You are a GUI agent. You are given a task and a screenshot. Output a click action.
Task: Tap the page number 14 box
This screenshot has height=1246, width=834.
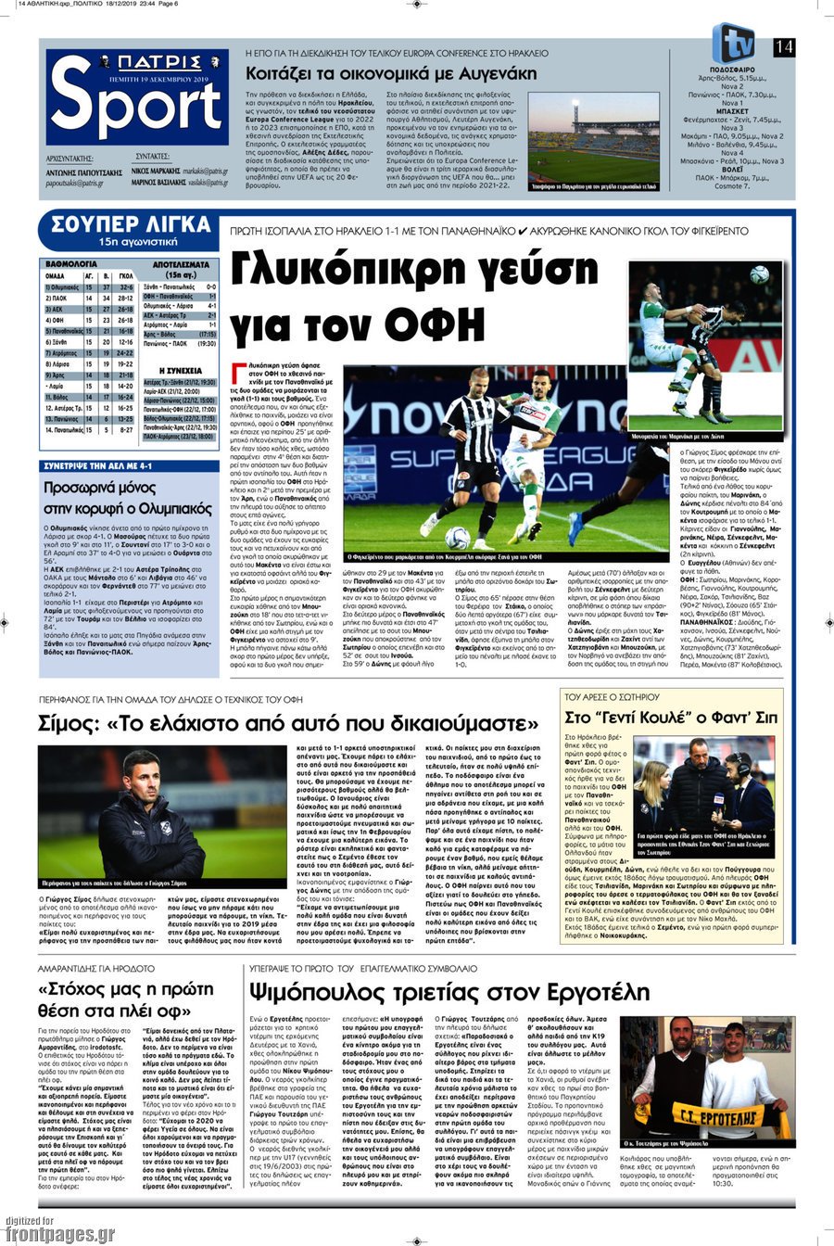pyautogui.click(x=784, y=46)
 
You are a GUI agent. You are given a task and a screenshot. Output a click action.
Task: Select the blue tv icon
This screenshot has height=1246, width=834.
pyautogui.click(x=735, y=44)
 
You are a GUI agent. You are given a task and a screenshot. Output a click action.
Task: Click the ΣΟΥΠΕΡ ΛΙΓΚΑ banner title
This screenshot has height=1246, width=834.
pyautogui.click(x=131, y=224)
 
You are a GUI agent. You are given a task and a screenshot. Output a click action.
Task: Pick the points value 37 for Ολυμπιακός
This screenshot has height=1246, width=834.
pyautogui.click(x=106, y=287)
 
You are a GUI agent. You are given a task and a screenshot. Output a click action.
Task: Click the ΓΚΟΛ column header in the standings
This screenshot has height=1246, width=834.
pyautogui.click(x=125, y=275)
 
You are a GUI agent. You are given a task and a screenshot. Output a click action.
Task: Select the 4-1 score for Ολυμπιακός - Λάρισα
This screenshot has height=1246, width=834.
pyautogui.click(x=211, y=305)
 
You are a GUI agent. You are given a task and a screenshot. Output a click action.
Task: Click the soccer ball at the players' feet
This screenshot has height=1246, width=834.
pyautogui.click(x=457, y=539)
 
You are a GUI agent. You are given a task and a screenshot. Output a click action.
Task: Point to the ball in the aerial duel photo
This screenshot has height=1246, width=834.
pyautogui.click(x=759, y=273)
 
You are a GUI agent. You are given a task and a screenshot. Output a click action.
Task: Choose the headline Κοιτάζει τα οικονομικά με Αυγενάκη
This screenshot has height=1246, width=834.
pyautogui.click(x=390, y=73)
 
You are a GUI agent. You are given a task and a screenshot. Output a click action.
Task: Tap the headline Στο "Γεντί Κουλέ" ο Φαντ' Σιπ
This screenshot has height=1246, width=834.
pyautogui.click(x=671, y=718)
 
